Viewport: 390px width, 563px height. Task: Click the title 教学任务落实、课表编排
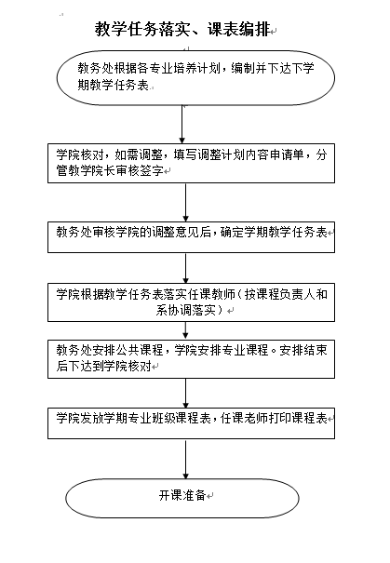(182, 29)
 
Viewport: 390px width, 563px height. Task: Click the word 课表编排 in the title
(239, 29)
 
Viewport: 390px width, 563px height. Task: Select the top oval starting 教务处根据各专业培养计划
(195, 78)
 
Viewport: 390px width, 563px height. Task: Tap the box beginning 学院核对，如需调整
(192, 164)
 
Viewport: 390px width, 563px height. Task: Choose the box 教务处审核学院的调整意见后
(192, 237)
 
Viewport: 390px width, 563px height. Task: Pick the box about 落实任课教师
(192, 302)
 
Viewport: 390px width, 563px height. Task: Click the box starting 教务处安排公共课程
(192, 358)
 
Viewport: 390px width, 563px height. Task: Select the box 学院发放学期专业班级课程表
(192, 423)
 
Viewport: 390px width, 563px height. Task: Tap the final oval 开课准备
(182, 498)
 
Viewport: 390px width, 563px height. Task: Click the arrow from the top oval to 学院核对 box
(182, 125)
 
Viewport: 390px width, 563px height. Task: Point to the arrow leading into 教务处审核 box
(185, 203)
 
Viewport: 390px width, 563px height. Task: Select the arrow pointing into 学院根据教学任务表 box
(185, 268)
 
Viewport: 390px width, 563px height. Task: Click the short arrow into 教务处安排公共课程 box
(185, 330)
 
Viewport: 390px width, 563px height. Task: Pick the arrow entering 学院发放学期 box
(185, 393)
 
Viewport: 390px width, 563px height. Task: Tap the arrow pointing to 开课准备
(185, 459)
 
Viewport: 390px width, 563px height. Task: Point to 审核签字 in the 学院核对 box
(140, 170)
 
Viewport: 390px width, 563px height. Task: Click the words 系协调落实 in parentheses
(185, 310)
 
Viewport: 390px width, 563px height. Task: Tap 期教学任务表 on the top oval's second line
(114, 85)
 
